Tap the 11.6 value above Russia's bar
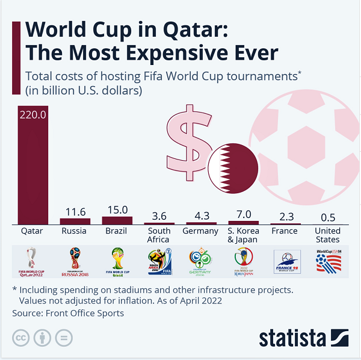75,211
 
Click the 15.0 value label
117,209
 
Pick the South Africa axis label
159,235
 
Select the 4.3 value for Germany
200,215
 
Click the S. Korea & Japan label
243,235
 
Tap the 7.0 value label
243,214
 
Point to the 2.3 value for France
284,216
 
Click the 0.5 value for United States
327,217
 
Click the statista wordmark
292,338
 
